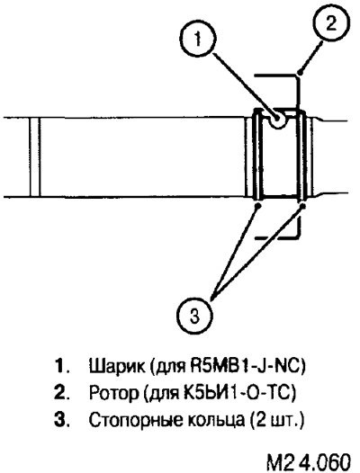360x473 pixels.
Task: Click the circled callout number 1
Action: pos(198,39)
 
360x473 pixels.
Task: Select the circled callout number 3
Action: pos(194,317)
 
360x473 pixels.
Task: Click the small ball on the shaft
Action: pos(277,120)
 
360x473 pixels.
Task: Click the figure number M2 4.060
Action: pos(309,460)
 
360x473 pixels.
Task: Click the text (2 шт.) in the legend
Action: pos(276,420)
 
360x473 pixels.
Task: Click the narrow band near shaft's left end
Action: pos(35,156)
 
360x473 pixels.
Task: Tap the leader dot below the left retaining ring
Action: pos(258,205)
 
